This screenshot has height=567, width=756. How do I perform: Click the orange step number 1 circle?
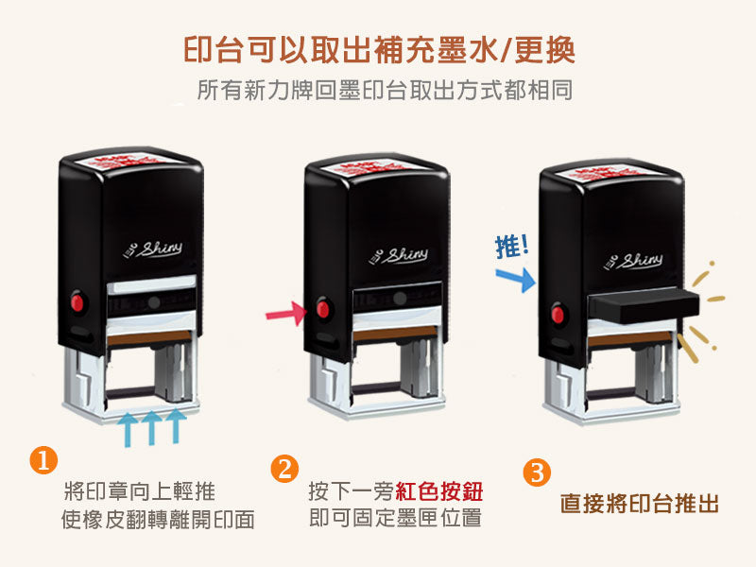[x=43, y=460]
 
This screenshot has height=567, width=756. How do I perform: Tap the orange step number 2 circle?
[x=284, y=470]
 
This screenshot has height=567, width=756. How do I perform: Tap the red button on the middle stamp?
[x=324, y=310]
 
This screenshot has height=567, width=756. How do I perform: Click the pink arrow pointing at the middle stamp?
[x=285, y=312]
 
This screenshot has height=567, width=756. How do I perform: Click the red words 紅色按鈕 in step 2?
[x=445, y=492]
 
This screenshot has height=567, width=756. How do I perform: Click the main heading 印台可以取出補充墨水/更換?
[x=378, y=49]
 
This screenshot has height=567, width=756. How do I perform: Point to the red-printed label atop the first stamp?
[x=132, y=154]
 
